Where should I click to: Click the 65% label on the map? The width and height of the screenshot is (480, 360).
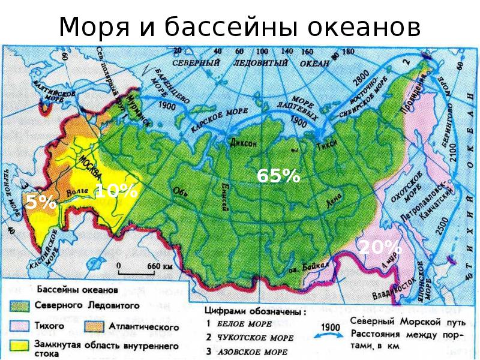pyautogui.click(x=278, y=176)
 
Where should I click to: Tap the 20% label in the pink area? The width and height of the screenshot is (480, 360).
pyautogui.click(x=380, y=247)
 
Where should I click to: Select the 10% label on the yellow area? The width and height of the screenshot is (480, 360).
pyautogui.click(x=116, y=191)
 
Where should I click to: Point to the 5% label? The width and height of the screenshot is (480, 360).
pyautogui.click(x=41, y=203)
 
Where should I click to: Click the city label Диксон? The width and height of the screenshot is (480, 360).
pyautogui.click(x=243, y=143)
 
